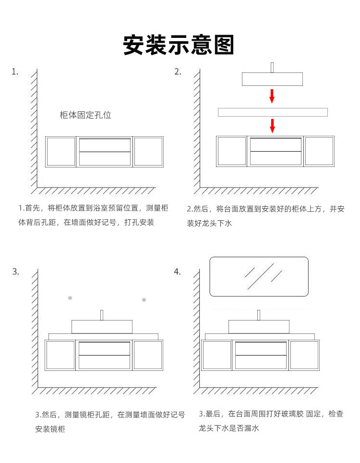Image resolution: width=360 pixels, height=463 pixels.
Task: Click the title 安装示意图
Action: [179, 45]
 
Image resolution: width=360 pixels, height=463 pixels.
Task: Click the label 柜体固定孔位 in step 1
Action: [85, 115]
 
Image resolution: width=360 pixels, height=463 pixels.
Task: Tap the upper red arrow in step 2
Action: [272, 95]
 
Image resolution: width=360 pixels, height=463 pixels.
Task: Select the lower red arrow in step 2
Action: [272, 126]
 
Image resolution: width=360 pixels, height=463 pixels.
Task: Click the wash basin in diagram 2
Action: [272, 79]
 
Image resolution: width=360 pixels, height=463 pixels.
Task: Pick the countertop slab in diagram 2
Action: [273, 112]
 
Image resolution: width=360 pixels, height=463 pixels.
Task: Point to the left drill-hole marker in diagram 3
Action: [70, 298]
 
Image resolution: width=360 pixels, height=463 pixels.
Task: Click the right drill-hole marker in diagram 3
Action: [144, 300]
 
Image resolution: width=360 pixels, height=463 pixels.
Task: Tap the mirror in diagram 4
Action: [259, 276]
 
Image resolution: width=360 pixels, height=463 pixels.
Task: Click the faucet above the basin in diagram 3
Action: [102, 315]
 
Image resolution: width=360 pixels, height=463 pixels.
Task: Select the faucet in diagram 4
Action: [258, 315]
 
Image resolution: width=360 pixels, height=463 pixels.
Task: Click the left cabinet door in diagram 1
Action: [61, 152]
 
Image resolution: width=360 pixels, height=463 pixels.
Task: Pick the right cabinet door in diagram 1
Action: [148, 152]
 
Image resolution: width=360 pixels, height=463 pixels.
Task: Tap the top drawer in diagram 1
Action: [105, 145]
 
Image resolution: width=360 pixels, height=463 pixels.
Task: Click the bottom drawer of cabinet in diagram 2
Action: [276, 158]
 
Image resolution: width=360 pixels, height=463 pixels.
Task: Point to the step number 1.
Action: [15, 72]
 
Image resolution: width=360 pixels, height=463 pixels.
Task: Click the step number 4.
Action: [177, 272]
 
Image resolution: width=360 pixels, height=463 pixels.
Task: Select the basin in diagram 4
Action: [258, 326]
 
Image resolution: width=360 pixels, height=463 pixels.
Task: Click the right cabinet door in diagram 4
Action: [304, 355]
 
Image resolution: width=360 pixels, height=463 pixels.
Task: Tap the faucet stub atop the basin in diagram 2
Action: [272, 67]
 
